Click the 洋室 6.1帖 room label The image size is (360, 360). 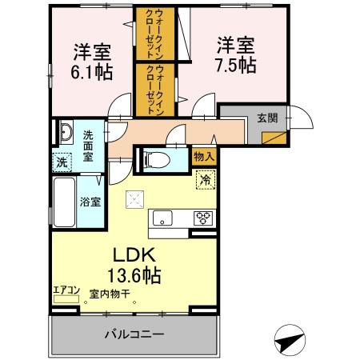(x=92, y=61)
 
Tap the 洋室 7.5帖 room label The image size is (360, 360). (x=234, y=54)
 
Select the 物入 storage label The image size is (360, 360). (x=203, y=157)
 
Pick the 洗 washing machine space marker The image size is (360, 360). (x=62, y=161)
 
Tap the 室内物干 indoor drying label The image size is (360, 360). (x=108, y=294)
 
